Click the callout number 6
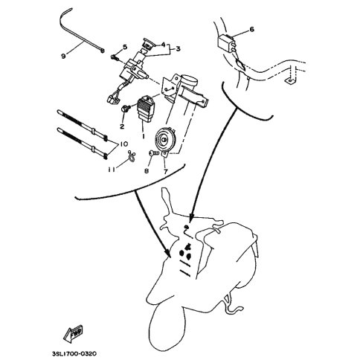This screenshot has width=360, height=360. [251, 29]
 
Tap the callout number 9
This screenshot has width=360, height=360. [63, 57]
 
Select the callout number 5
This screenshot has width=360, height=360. [124, 47]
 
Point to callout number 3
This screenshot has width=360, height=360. [178, 49]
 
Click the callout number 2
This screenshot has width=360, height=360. [122, 126]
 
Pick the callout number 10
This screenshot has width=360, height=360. [124, 144]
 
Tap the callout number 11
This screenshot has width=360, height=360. [112, 170]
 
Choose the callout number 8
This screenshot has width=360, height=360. [147, 171]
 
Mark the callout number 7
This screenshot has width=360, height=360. [166, 171]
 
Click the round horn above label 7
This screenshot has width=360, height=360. [164, 140]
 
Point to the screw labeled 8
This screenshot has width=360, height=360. [154, 153]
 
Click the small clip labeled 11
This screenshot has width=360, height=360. [132, 157]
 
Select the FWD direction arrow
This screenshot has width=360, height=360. [74, 332]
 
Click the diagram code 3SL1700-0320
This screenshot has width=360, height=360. [74, 353]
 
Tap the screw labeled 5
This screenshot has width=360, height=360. [115, 58]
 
